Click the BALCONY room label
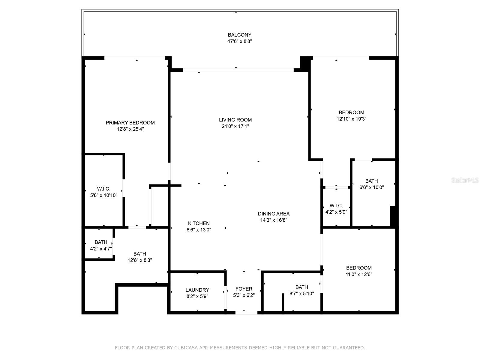click(239, 35)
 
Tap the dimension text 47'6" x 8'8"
click(239, 41)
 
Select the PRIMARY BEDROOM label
click(130, 123)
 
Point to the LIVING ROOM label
click(235, 120)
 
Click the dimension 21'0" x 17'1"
click(235, 126)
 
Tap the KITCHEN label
click(199, 223)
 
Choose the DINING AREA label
click(274, 214)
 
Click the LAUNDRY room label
click(197, 290)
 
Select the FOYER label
click(244, 289)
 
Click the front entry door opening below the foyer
click(246, 313)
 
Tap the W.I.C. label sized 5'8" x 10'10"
click(103, 189)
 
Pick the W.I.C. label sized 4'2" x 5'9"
click(336, 205)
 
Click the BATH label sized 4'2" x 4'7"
click(101, 242)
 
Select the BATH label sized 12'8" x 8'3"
click(139, 254)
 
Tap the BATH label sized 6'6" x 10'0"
click(371, 181)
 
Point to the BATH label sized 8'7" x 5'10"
click(301, 287)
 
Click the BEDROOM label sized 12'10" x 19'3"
click(351, 112)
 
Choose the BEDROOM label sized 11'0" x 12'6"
click(359, 268)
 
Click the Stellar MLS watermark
click(465, 180)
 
